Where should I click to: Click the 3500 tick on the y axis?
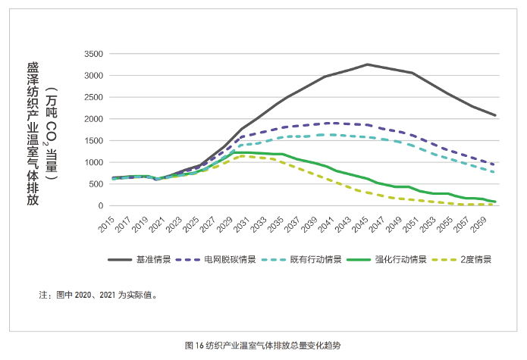click(93, 54)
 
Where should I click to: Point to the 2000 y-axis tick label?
click(93, 119)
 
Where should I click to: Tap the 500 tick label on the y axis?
click(96, 184)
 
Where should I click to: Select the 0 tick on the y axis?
click(100, 205)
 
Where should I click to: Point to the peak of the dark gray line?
click(367, 64)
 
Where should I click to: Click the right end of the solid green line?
click(495, 202)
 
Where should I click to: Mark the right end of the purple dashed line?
click(495, 164)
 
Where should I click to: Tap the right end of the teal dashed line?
click(495, 172)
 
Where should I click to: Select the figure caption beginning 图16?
click(263, 346)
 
